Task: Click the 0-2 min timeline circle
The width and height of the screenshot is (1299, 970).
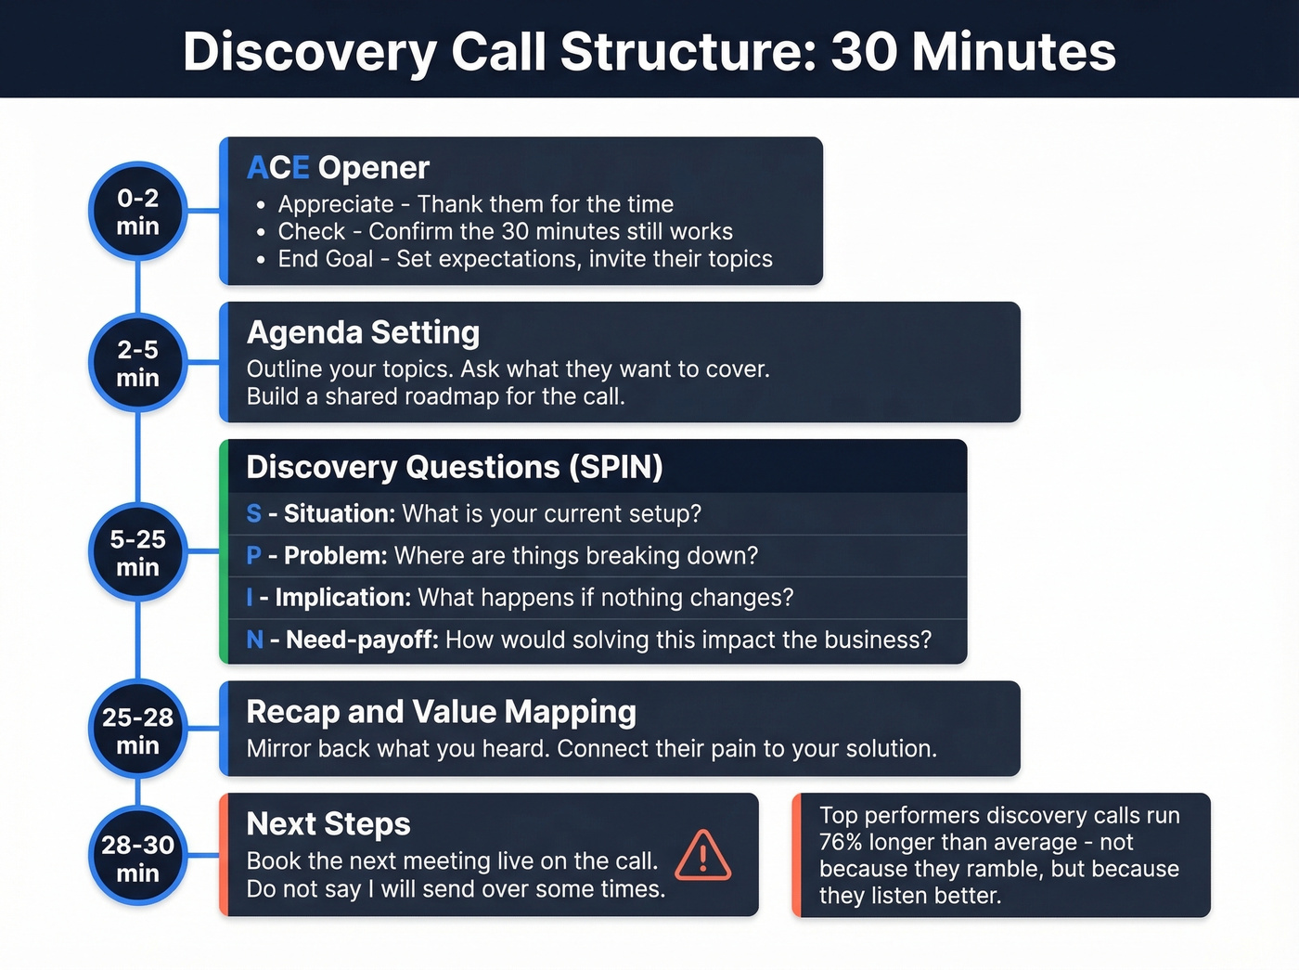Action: (x=137, y=212)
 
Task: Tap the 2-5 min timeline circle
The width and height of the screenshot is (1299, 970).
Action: (x=137, y=363)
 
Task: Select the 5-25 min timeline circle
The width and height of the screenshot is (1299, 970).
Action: (x=137, y=552)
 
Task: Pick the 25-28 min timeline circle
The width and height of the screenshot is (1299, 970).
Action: (x=137, y=731)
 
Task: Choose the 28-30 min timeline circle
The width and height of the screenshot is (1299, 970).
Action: (x=137, y=858)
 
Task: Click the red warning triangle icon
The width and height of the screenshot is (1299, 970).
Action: (x=702, y=856)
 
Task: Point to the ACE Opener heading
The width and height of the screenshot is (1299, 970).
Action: (x=338, y=168)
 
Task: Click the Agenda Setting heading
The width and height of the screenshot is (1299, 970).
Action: (x=363, y=332)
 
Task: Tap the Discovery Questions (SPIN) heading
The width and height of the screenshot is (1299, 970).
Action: (x=454, y=467)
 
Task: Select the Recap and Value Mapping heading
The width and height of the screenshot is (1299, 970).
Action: (x=441, y=712)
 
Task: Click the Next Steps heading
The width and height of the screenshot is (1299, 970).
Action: (x=328, y=824)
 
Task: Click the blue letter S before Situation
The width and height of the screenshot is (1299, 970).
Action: (x=253, y=513)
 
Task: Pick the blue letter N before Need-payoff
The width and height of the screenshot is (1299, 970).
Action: (x=255, y=640)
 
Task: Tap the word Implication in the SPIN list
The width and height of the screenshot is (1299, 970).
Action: (x=342, y=598)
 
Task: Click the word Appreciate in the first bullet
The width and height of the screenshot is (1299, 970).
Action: (x=336, y=204)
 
